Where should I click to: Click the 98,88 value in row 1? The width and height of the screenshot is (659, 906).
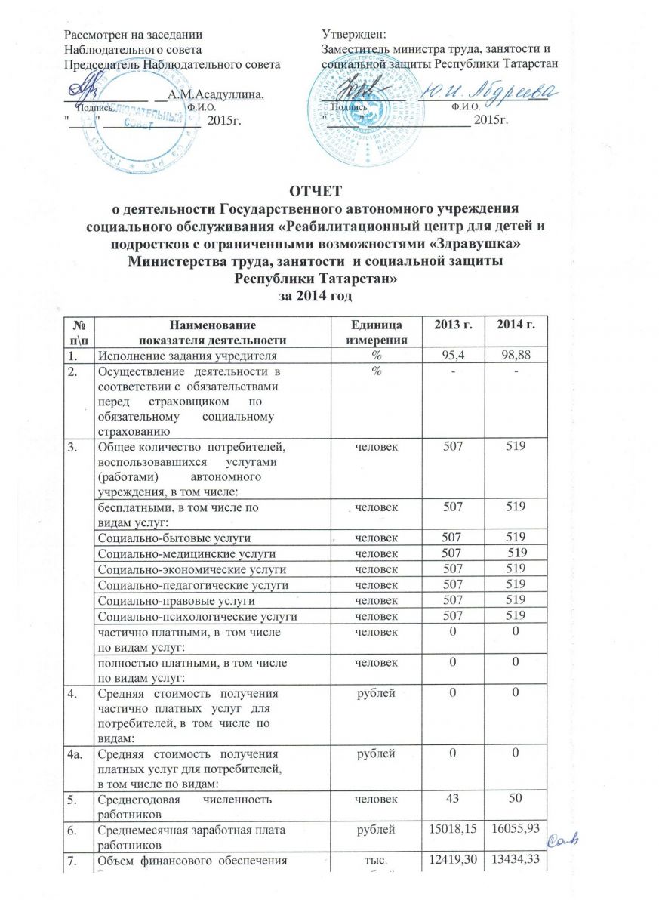tap(519, 355)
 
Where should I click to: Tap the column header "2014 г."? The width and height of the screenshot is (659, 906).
tap(519, 325)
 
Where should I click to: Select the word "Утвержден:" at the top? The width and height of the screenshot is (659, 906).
tap(353, 35)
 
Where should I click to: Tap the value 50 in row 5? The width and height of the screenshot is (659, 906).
tap(519, 799)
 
